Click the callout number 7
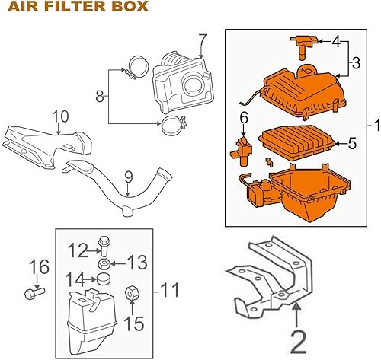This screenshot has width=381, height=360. tap(202, 40)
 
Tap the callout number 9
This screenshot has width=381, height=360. tap(129, 177)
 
